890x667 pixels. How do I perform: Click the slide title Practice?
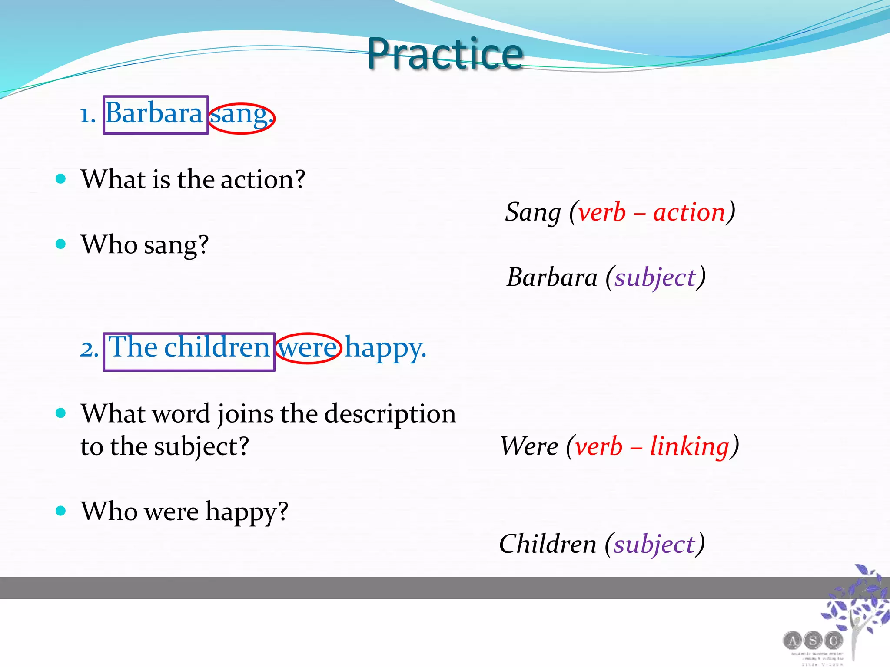pos(445,54)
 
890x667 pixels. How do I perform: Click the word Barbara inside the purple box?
pos(154,114)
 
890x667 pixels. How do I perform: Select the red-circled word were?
pos(308,348)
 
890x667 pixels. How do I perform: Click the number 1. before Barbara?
pos(87,116)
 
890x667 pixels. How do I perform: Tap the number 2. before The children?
pos(89,349)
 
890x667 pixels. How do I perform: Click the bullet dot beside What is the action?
pos(61,178)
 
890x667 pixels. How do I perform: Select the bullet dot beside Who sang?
pos(61,244)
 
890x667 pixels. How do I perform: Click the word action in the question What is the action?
pos(262,180)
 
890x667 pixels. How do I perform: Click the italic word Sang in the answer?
pos(533,213)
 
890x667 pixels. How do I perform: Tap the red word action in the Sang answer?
pos(689,213)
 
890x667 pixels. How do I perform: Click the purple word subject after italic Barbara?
pos(655,278)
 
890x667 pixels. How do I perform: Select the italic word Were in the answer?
pos(529,446)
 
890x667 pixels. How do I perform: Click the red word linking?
pos(690,446)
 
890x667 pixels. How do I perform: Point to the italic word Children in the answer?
pos(548,544)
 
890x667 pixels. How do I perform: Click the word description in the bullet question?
pos(390,414)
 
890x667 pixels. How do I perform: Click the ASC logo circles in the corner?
pos(813,640)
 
